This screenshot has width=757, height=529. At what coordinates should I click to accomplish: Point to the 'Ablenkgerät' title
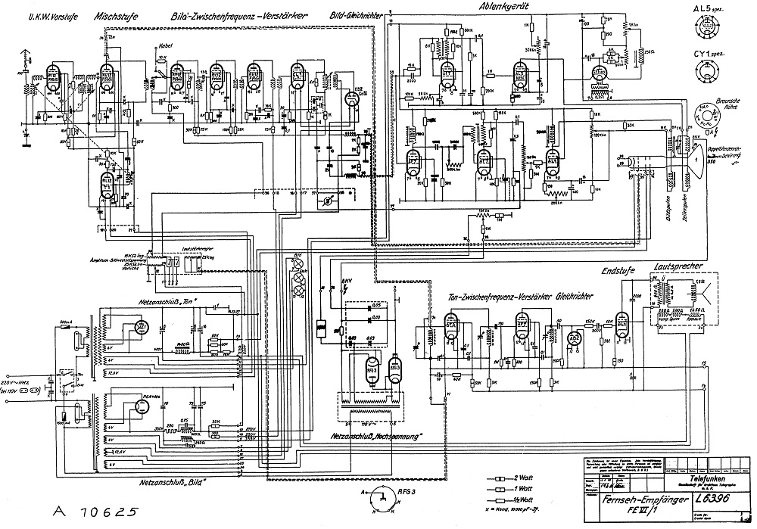(503, 6)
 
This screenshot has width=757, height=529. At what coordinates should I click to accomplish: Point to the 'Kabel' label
(164, 45)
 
